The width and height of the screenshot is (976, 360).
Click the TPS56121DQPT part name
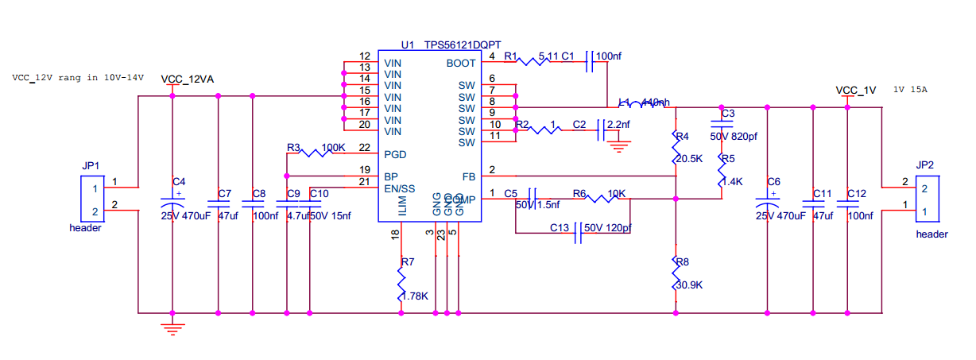[x=462, y=45]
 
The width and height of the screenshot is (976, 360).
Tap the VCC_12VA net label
[x=187, y=79]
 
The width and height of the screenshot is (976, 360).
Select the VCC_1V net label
[x=855, y=91]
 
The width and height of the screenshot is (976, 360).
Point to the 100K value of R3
[x=333, y=148]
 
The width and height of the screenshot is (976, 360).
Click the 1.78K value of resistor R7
[x=415, y=296]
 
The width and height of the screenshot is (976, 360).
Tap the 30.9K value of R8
[x=688, y=285]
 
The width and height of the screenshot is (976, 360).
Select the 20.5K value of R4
[x=688, y=159]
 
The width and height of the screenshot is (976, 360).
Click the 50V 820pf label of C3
[x=734, y=137]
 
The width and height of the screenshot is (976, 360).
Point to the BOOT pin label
[x=461, y=63]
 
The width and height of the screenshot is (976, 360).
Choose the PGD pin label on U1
[x=395, y=153]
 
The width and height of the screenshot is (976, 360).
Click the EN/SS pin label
[x=399, y=188]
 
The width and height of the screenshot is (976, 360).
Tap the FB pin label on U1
[x=468, y=176]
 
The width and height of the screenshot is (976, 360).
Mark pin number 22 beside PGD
[x=364, y=148]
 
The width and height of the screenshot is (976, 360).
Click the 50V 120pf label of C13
[x=607, y=228]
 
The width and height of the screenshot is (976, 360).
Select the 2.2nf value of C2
[x=617, y=125]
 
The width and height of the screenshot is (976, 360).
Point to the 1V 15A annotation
[x=910, y=90]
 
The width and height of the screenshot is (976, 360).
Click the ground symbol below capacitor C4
[x=172, y=325]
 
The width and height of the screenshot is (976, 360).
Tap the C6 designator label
[x=774, y=181]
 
